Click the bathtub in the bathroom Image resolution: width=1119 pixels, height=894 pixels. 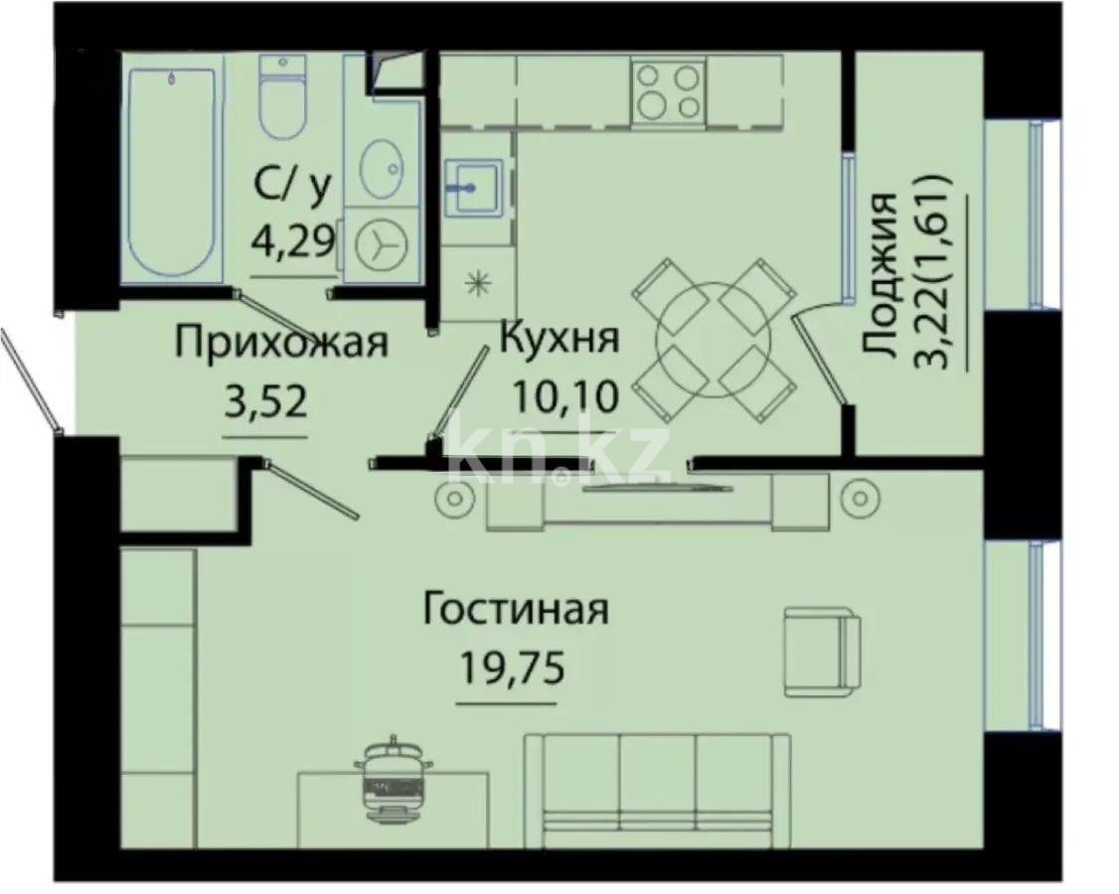[x=171, y=169]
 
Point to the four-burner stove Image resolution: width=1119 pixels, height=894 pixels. [x=667, y=91]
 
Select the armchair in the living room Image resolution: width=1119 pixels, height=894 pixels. [x=822, y=651]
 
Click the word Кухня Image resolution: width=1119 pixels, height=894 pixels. [x=559, y=339]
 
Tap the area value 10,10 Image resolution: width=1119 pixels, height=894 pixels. [x=565, y=396]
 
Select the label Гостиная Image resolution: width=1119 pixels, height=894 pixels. [x=515, y=610]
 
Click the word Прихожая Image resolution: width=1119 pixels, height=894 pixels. [x=280, y=344]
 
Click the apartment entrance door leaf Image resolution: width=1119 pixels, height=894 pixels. [x=30, y=381]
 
